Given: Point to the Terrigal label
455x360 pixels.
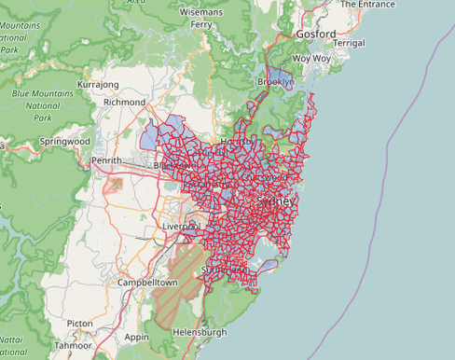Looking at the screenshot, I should pyautogui.click(x=348, y=43).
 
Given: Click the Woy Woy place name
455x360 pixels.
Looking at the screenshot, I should pyautogui.click(x=311, y=58).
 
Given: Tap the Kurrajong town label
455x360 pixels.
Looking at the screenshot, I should pyautogui.click(x=99, y=84).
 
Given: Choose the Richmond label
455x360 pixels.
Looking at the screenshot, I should pyautogui.click(x=125, y=102).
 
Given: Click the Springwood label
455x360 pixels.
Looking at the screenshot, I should pyautogui.click(x=64, y=142).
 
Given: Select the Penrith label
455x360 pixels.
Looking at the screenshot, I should pyautogui.click(x=107, y=161).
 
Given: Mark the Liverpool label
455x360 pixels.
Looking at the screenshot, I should pyautogui.click(x=182, y=226).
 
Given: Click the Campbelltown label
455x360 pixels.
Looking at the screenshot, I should pyautogui.click(x=147, y=282).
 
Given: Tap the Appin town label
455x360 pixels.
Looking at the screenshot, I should pyautogui.click(x=136, y=337).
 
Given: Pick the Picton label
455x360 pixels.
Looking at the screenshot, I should pyautogui.click(x=80, y=324).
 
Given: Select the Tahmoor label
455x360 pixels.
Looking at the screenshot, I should pyautogui.click(x=72, y=344).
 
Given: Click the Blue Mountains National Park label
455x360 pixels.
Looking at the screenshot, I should pyautogui.click(x=34, y=105).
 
